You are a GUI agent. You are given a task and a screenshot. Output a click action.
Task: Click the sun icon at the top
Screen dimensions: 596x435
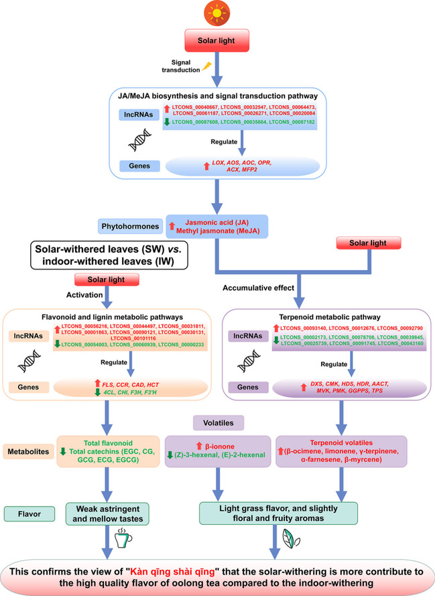(x=217, y=11)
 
